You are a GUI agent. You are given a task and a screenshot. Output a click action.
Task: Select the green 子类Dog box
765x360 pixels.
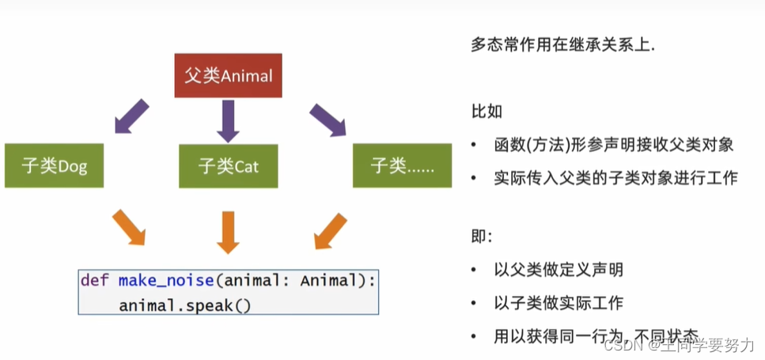pos(55,166)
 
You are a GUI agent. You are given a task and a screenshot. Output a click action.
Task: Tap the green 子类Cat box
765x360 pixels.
pos(228,166)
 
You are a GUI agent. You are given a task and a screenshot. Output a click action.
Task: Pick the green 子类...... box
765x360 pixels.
pos(400,166)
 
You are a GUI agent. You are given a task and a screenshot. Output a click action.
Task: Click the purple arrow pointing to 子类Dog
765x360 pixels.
pos(131,116)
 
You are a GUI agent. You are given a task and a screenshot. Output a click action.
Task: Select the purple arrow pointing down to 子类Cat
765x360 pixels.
pos(228,120)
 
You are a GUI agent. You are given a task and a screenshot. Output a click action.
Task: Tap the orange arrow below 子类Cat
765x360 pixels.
pos(228,231)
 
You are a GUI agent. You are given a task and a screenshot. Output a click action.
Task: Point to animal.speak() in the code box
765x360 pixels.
pos(185,305)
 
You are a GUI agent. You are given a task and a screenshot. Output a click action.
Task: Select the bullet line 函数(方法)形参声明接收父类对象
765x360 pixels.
pos(613,145)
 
